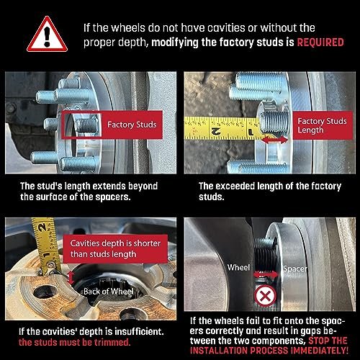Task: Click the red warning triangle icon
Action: point(47,35)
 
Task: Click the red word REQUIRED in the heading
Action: point(320,42)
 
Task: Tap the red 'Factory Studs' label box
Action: point(112,125)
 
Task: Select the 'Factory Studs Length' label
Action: point(323,125)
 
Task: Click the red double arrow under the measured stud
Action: point(275,140)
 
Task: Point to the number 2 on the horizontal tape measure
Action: point(216,131)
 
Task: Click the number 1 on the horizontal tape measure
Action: point(251,132)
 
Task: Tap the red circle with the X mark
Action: point(265,296)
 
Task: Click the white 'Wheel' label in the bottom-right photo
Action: point(238,267)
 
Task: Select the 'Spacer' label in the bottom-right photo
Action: point(295,269)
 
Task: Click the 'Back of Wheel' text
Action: point(109,292)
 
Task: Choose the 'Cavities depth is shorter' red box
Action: point(115,248)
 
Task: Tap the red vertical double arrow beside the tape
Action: point(71,278)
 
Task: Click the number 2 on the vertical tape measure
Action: point(42,228)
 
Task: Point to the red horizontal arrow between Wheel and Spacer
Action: point(266,274)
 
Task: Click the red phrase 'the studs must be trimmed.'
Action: point(74,342)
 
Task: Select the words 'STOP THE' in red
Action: point(328,341)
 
